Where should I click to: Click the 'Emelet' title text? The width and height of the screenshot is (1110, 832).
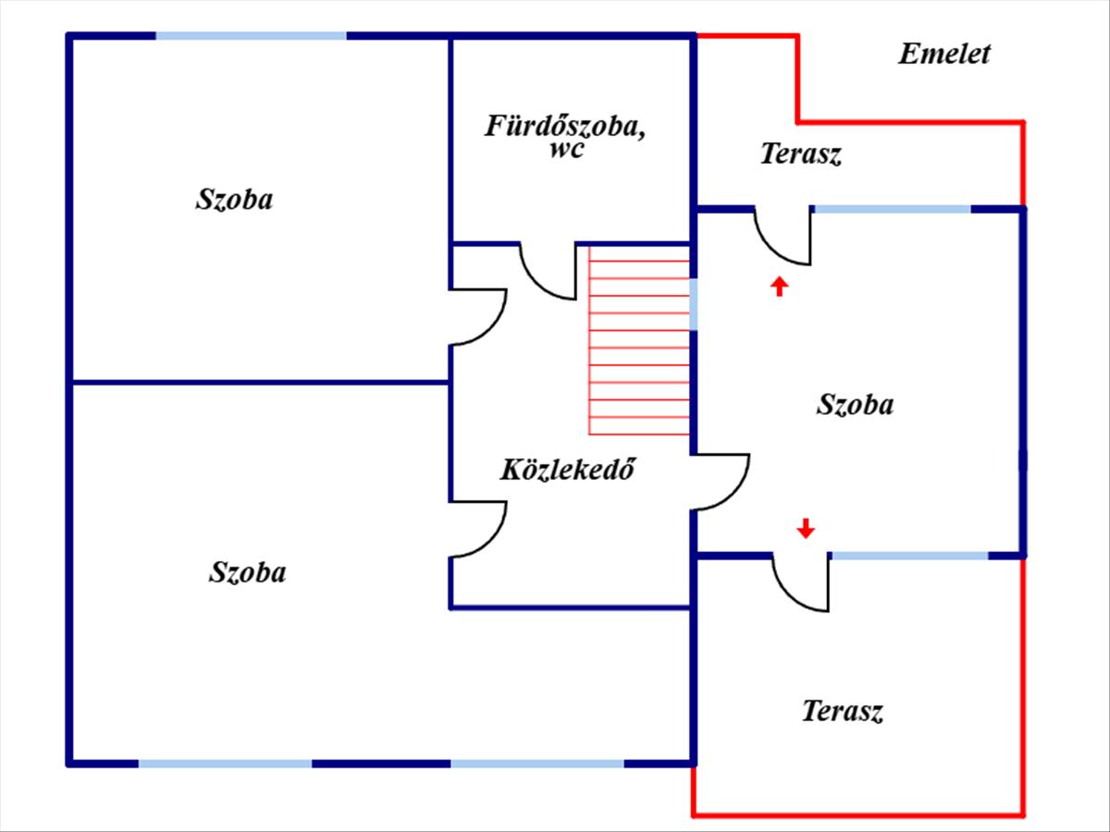(943, 54)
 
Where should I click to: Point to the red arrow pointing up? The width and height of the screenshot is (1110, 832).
(780, 286)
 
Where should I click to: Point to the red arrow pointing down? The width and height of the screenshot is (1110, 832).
(806, 528)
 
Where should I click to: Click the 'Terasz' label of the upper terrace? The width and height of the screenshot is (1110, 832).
(801, 154)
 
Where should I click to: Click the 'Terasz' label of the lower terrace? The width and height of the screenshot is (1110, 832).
(842, 712)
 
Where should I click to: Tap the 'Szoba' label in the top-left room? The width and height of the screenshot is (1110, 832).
(234, 200)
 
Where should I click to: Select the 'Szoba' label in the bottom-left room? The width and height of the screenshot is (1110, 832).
(247, 572)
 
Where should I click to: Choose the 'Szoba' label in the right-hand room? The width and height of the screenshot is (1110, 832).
(856, 404)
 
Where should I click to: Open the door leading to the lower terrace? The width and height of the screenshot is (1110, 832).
(801, 583)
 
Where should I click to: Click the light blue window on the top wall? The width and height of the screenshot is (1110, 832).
(251, 36)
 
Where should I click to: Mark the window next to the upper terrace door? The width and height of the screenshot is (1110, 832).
(892, 210)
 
